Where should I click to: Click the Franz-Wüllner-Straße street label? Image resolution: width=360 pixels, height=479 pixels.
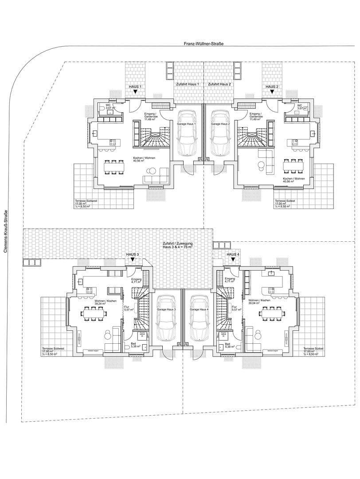click(x=204, y=44)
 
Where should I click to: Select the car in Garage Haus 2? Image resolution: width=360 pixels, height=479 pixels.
click(x=220, y=133)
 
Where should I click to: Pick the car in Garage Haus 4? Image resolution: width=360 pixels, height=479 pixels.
click(x=198, y=317)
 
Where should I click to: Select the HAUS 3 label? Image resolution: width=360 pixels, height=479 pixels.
click(x=133, y=254)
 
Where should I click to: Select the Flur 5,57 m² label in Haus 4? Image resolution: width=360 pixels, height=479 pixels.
click(x=236, y=308)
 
